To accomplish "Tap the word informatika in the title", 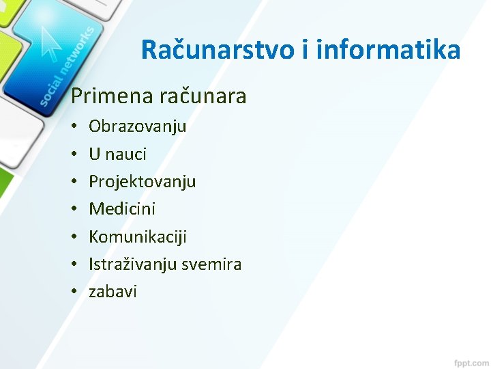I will [x=386, y=50].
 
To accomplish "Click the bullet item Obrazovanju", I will [x=137, y=126].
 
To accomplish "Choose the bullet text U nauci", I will [x=117, y=154].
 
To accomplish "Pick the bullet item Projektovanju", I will [x=142, y=182].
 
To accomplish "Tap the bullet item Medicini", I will [x=122, y=209].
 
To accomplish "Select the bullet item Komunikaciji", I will [x=137, y=236].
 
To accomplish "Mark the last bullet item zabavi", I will [x=113, y=292].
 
